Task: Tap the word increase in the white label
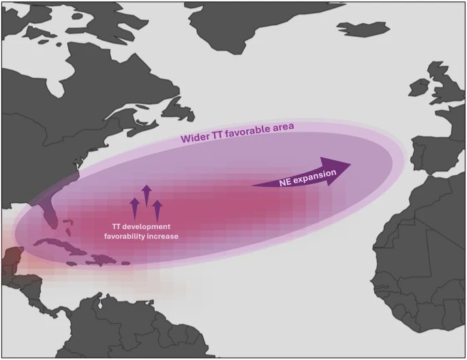166,236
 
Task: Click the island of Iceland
362,29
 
